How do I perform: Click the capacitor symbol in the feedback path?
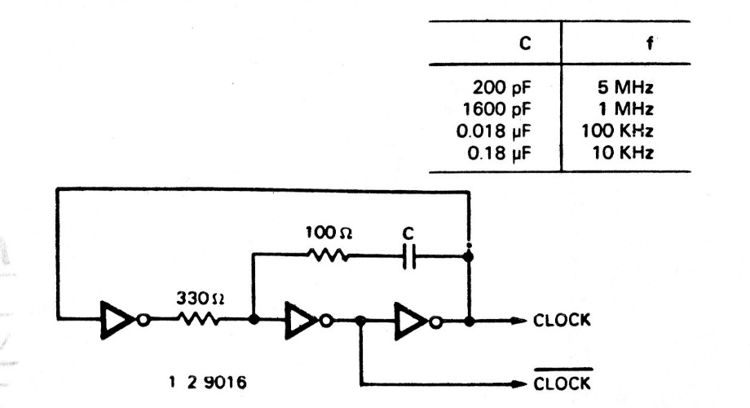[410, 256]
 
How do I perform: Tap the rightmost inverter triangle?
[408, 320]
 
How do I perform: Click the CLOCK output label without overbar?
[562, 321]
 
